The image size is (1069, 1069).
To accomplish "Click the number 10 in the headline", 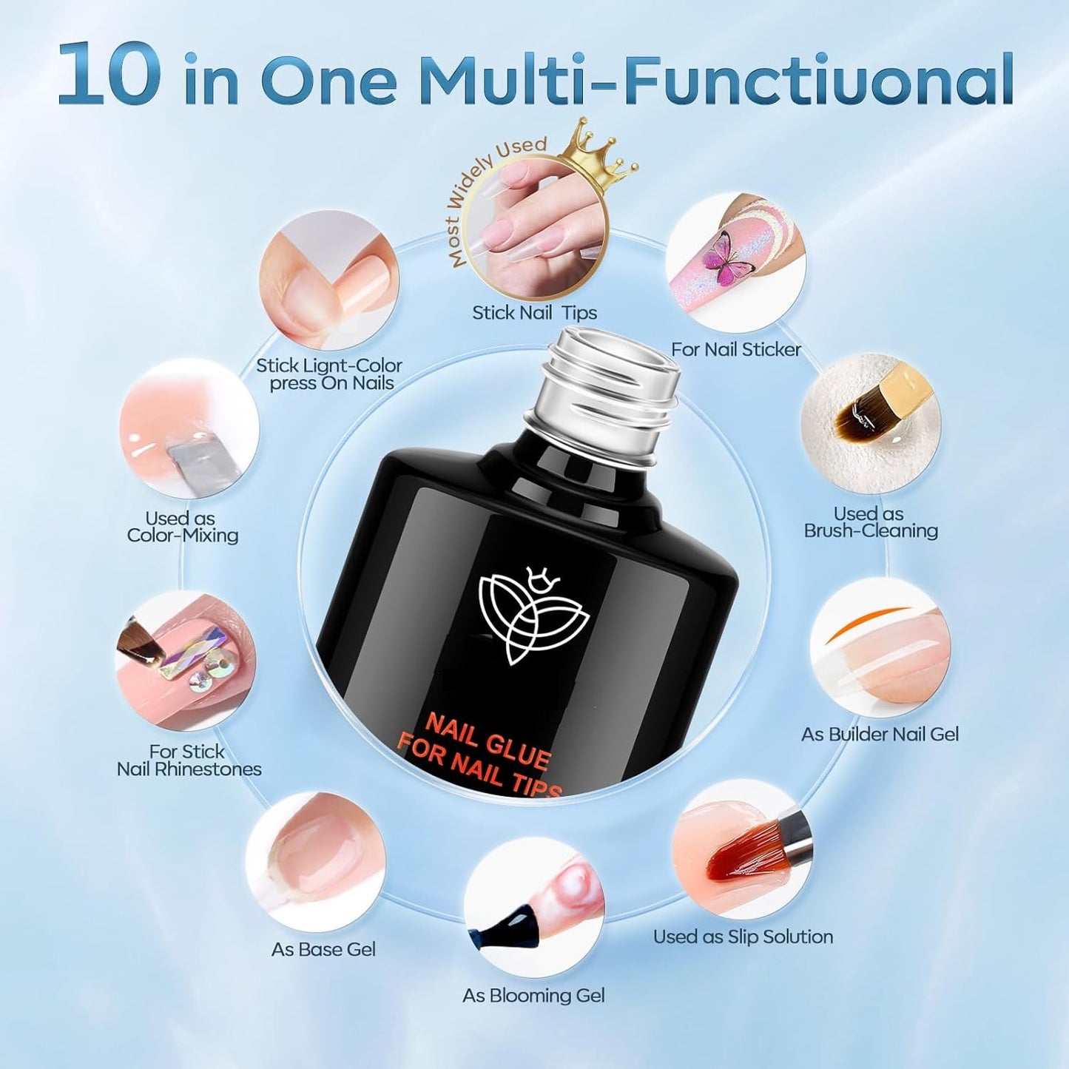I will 109,74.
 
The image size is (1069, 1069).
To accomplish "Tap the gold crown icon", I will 601,149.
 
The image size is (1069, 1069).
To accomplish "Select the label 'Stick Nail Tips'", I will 534,312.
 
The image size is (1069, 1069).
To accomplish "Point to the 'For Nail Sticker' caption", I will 735,349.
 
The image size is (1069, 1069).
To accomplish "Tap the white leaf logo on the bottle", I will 533,613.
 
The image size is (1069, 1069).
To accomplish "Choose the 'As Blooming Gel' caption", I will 533,996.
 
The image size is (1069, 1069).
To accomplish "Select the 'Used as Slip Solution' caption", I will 743,937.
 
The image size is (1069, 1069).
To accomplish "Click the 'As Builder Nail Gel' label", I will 880,734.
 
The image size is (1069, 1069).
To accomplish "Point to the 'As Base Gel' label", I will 323,949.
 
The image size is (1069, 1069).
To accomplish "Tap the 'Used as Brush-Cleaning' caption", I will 870,522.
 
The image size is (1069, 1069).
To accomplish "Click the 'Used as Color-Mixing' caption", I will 182,527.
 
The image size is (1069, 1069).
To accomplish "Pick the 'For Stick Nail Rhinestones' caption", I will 189,761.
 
